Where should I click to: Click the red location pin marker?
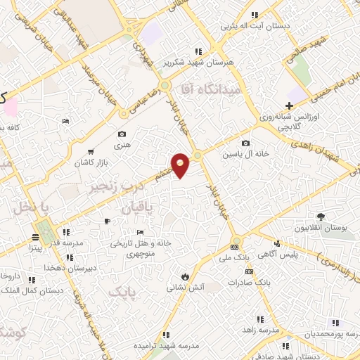pyautogui.click(x=181, y=165)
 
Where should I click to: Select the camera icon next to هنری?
pyautogui.click(x=122, y=134)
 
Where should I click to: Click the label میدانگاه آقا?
pyautogui.click(x=210, y=89)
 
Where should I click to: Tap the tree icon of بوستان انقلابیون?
pyautogui.click(x=321, y=217)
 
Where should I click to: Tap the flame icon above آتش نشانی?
pyautogui.click(x=185, y=276)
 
